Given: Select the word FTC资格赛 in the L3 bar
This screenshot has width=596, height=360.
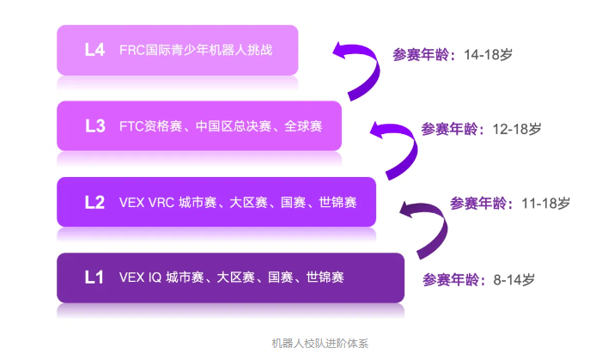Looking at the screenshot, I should pyautogui.click(x=149, y=126).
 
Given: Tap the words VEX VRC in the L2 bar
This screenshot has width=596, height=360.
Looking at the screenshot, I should pyautogui.click(x=145, y=203).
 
